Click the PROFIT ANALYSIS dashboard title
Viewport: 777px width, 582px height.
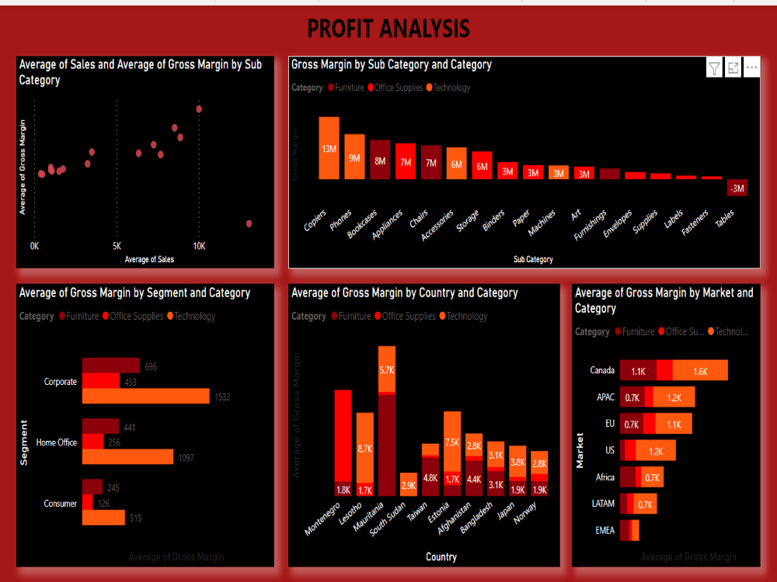pyautogui.click(x=388, y=29)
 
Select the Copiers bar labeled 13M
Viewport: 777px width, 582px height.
pyautogui.click(x=329, y=148)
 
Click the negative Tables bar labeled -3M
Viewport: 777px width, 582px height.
pyautogui.click(x=737, y=188)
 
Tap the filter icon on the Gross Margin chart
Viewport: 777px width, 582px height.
pyautogui.click(x=714, y=68)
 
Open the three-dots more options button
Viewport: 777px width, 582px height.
pyautogui.click(x=751, y=68)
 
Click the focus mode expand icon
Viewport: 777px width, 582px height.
pyautogui.click(x=733, y=68)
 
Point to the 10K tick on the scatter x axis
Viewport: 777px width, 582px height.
pyautogui.click(x=199, y=246)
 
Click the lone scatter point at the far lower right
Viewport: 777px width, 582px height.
pyautogui.click(x=249, y=223)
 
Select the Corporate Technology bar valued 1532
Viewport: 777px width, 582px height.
pyautogui.click(x=145, y=397)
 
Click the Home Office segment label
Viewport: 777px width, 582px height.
pyautogui.click(x=57, y=442)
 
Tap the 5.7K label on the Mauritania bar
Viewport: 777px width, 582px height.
pyautogui.click(x=387, y=371)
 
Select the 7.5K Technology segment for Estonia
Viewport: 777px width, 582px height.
pyautogui.click(x=452, y=442)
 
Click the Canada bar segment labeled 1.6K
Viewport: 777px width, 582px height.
pyautogui.click(x=700, y=371)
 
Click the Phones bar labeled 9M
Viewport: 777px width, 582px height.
pyautogui.click(x=354, y=158)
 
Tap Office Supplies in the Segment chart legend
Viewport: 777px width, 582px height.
pyautogui.click(x=136, y=316)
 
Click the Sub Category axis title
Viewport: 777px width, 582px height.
pyautogui.click(x=533, y=259)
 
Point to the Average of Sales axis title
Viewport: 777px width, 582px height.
pyautogui.click(x=149, y=259)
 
